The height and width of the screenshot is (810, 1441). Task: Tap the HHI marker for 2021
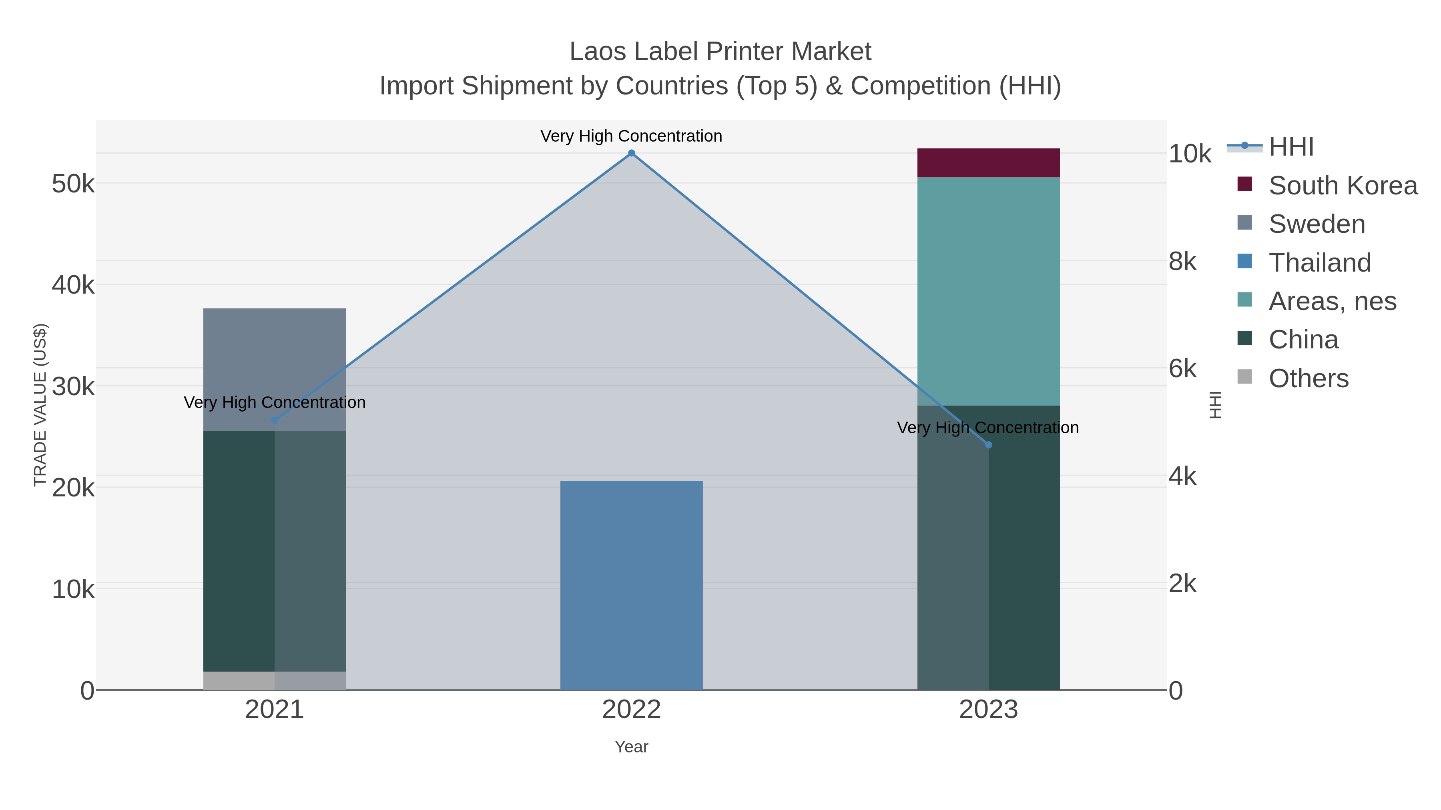[x=274, y=420]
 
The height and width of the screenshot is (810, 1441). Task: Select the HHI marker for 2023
[x=988, y=445]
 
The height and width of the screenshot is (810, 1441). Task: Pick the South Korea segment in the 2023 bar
[x=988, y=163]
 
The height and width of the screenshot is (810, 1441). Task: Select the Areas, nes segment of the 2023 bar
[x=988, y=291]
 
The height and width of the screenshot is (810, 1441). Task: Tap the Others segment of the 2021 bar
[x=274, y=680]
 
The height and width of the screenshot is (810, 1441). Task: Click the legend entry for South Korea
[x=1343, y=186]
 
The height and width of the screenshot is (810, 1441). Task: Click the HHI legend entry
[x=1290, y=147]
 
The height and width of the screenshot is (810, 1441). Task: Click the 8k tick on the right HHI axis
[x=1182, y=261]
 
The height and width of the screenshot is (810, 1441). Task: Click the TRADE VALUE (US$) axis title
[x=40, y=405]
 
